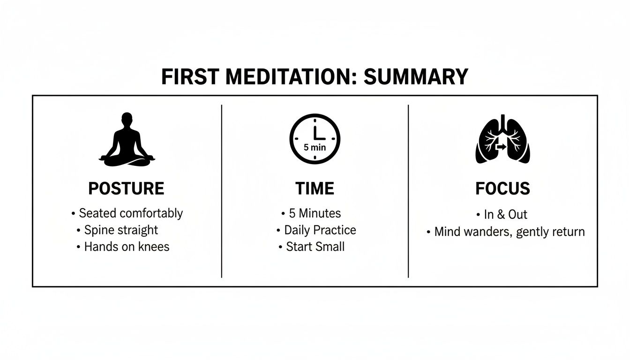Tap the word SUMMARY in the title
[415, 77]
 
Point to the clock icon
[315, 139]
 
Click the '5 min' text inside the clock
[315, 147]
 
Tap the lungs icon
[502, 140]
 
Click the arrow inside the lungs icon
[501, 147]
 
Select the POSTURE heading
[126, 188]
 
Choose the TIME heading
[315, 188]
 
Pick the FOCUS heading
[502, 188]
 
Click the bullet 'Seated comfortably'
[130, 213]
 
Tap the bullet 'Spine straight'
[121, 230]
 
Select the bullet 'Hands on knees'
[126, 247]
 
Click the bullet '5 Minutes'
[315, 213]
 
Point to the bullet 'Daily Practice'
[320, 230]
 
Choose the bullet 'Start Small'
[315, 247]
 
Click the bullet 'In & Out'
[505, 215]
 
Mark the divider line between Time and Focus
[408, 191]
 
